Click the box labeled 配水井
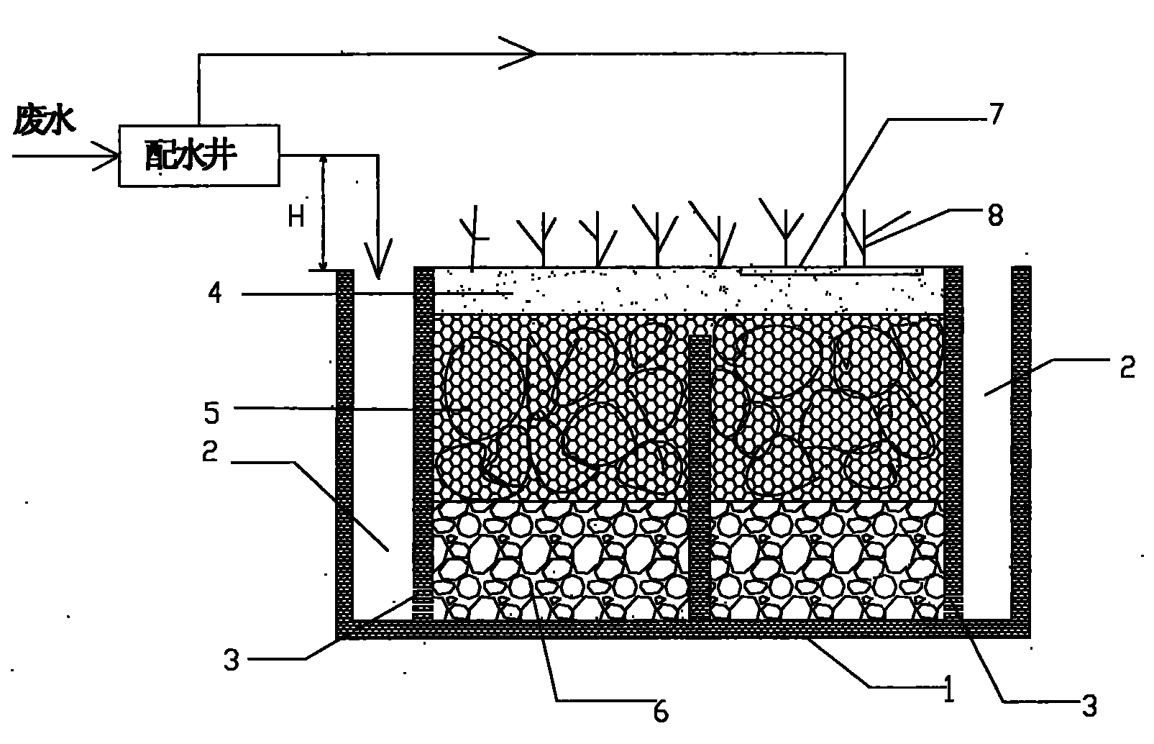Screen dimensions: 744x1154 coord(198,156)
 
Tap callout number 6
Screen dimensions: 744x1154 coord(661,710)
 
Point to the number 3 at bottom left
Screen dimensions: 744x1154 coord(231,658)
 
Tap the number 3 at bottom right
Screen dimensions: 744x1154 coord(1090,707)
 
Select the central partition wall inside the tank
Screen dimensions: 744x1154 coord(699,478)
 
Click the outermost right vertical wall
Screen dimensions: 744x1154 coord(1021,446)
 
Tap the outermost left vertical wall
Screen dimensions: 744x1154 coord(344,446)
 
